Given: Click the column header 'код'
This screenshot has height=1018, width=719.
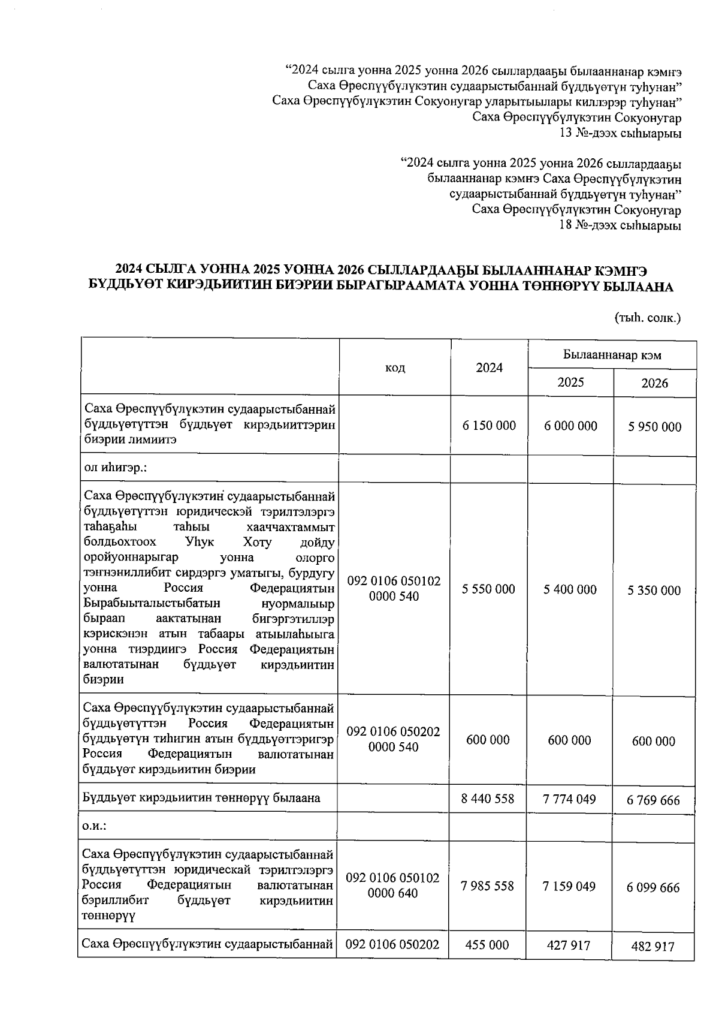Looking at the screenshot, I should point(395,368).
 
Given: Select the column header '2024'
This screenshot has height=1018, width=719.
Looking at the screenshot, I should point(489,368).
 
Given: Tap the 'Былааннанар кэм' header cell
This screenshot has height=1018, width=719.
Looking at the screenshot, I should point(612,355).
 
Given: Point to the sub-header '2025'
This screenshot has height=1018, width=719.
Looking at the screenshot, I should point(570,382).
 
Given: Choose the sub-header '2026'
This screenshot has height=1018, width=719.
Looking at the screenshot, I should point(654,383).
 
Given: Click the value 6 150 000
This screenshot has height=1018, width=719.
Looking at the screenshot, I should point(489,426).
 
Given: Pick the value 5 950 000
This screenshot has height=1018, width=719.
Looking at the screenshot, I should point(654,427).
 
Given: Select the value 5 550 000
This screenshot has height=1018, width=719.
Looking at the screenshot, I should point(488,589).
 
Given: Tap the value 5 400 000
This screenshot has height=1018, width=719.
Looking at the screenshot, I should point(570,590).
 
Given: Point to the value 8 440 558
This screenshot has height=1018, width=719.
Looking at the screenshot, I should point(488,798).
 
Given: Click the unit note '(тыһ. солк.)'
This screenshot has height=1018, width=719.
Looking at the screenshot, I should point(648,318).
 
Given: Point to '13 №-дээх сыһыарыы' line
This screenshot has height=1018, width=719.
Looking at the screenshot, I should point(620,132).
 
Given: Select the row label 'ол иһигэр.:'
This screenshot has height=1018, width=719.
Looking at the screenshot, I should point(115,468).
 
